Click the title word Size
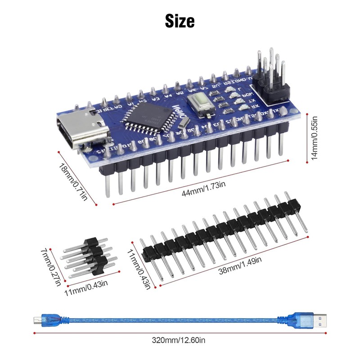pos(180,20)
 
